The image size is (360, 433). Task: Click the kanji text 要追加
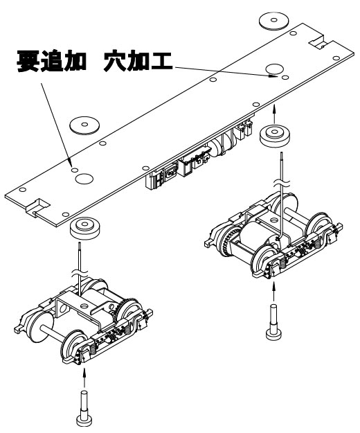click(51, 61)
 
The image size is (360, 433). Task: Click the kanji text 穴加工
click(138, 61)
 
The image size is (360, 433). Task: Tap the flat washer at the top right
click(273, 20)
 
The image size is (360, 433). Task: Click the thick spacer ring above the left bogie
click(84, 228)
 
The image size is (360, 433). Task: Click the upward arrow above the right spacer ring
click(274, 114)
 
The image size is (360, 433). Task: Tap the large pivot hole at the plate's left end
click(84, 179)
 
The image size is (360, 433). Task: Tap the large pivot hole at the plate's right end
click(274, 69)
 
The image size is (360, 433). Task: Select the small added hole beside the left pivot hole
click(75, 170)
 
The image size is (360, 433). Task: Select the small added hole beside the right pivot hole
click(285, 78)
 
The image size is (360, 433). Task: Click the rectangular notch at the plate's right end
click(321, 42)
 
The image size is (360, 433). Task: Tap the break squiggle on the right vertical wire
click(282, 183)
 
